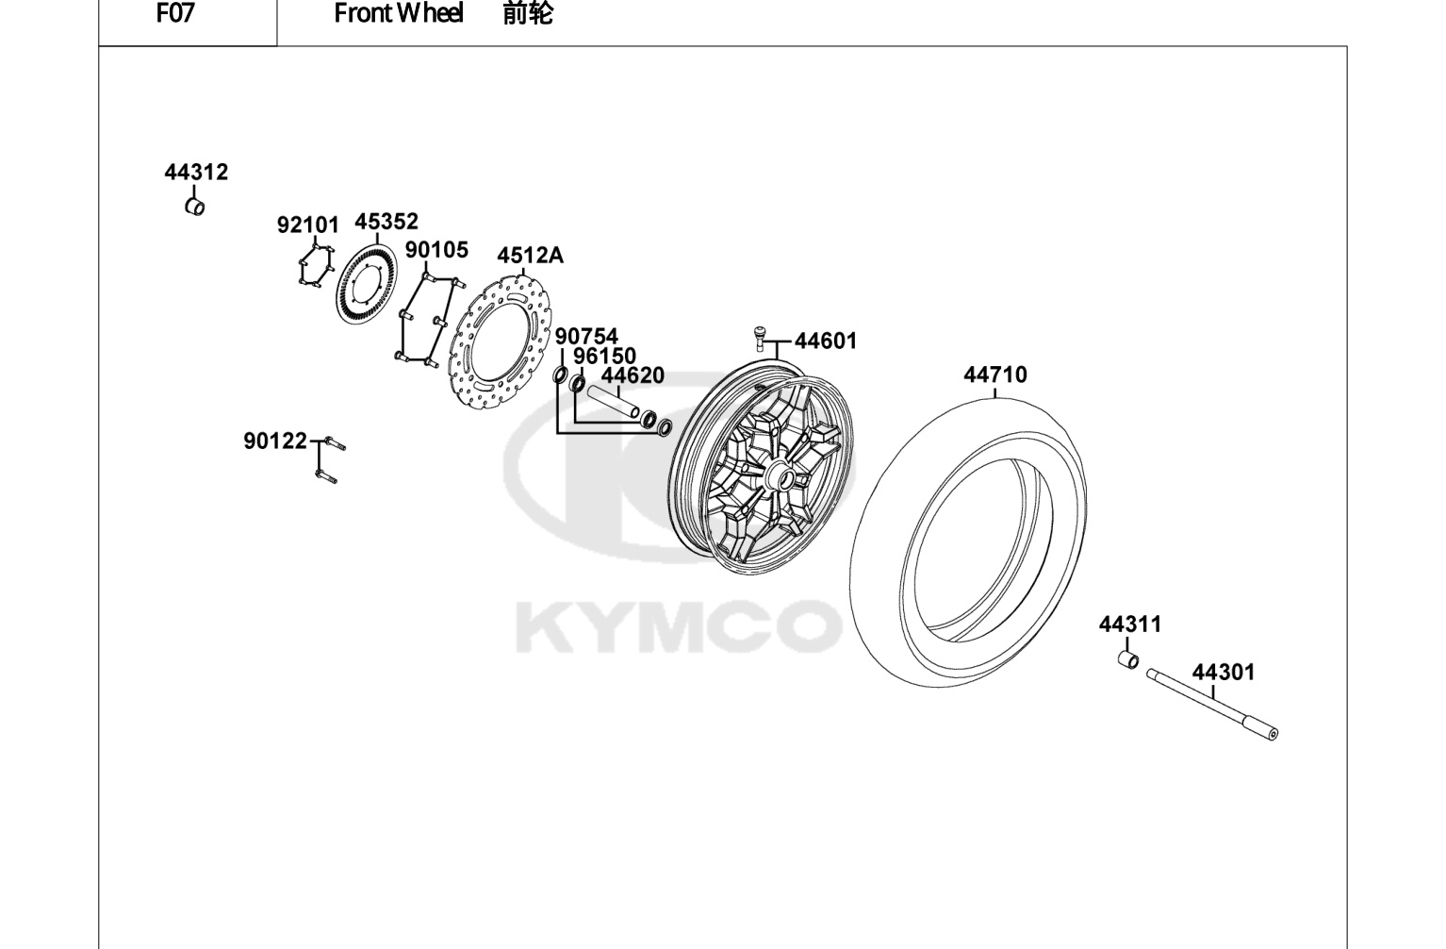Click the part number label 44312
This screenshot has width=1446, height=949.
pyautogui.click(x=196, y=173)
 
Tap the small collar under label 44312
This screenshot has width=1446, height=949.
pyautogui.click(x=195, y=208)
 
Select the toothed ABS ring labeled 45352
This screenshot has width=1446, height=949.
pyautogui.click(x=368, y=285)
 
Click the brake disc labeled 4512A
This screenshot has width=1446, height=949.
pyautogui.click(x=501, y=342)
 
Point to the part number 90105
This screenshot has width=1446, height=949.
pyautogui.click(x=436, y=250)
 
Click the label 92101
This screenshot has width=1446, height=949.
pyautogui.click(x=308, y=225)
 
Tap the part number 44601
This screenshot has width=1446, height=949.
pyautogui.click(x=826, y=341)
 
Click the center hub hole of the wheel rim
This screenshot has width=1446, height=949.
pyautogui.click(x=788, y=480)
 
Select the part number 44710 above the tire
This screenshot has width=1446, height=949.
pyautogui.click(x=995, y=375)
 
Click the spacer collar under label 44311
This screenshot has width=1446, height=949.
pyautogui.click(x=1128, y=660)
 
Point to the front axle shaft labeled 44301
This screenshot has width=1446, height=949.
pyautogui.click(x=1212, y=705)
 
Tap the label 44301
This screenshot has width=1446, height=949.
pyautogui.click(x=1224, y=673)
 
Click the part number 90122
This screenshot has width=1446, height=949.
pyautogui.click(x=275, y=441)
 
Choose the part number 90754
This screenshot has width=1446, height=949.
pyautogui.click(x=587, y=337)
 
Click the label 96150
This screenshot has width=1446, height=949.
pyautogui.click(x=605, y=356)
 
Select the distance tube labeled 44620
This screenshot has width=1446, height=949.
pyautogui.click(x=614, y=402)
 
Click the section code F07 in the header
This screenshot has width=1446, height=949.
pyautogui.click(x=175, y=13)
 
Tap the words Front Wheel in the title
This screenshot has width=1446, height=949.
pyautogui.click(x=399, y=13)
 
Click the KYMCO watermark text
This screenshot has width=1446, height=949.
pyautogui.click(x=679, y=626)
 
